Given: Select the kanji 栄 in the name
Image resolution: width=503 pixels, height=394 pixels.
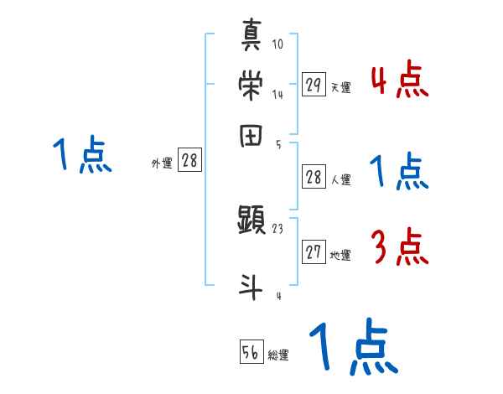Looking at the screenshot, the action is (252, 85).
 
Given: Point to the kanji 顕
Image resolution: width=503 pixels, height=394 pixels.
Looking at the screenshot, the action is (252, 221).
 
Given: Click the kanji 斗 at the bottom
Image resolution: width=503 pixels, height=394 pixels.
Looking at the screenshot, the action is (252, 285).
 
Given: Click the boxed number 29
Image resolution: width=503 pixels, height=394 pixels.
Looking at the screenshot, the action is (314, 85).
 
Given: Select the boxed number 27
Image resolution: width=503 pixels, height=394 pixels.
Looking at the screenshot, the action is (314, 253).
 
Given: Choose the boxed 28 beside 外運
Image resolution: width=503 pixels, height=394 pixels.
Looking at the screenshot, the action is (189, 162).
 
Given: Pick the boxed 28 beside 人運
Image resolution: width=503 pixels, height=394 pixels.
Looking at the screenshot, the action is (314, 176).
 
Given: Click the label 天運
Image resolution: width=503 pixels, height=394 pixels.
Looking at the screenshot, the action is (340, 87).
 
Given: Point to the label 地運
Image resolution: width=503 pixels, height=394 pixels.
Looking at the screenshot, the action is (340, 256).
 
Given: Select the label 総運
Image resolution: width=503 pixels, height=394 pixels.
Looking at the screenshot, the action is (278, 355).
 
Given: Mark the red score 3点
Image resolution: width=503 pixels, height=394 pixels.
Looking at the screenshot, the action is (399, 247).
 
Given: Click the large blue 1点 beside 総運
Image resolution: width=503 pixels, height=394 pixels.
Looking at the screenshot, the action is (352, 348).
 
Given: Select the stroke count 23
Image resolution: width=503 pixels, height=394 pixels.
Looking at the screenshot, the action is (277, 227).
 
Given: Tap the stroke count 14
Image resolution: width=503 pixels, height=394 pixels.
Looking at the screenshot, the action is (277, 95).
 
